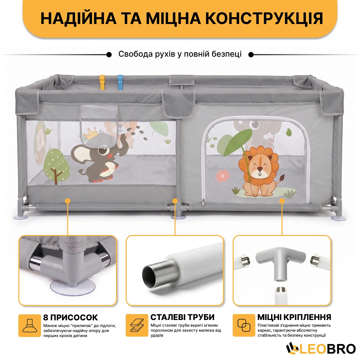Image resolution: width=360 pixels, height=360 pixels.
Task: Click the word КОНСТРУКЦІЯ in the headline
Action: pos(264,18)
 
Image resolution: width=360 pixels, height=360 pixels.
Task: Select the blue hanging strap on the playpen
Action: pos(120,82)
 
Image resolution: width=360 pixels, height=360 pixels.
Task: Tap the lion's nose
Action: pos(260,169)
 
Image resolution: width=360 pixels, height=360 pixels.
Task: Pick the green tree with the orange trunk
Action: pos(56,166)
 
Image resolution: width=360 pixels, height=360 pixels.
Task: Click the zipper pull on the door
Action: pos(203,203)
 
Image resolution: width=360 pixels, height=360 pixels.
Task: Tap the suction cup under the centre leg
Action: pos(178,217)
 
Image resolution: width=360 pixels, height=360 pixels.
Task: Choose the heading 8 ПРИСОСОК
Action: pos(70,317)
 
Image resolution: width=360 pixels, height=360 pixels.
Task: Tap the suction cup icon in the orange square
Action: pos(30,325)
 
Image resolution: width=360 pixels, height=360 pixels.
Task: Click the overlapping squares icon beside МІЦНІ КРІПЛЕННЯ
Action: pos(244,325)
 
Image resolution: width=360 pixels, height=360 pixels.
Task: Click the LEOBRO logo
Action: pos(321,349)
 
